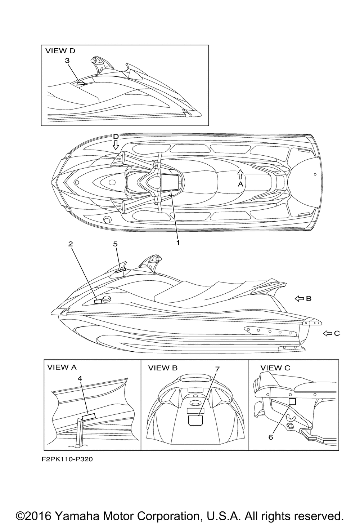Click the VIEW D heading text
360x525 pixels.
60,51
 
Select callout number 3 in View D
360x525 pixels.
67,61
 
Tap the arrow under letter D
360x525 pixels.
116,145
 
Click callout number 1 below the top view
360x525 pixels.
178,243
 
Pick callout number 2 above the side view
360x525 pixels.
71,244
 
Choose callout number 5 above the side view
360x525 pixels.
115,244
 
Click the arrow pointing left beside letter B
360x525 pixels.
299,298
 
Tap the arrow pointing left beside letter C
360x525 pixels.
327,333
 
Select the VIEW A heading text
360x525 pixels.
62,367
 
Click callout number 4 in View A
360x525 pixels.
80,378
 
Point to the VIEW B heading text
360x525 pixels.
163,368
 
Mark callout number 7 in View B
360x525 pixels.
217,369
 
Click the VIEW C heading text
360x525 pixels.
275,368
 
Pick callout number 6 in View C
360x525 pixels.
271,437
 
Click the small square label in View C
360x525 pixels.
292,401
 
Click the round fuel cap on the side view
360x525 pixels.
107,299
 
